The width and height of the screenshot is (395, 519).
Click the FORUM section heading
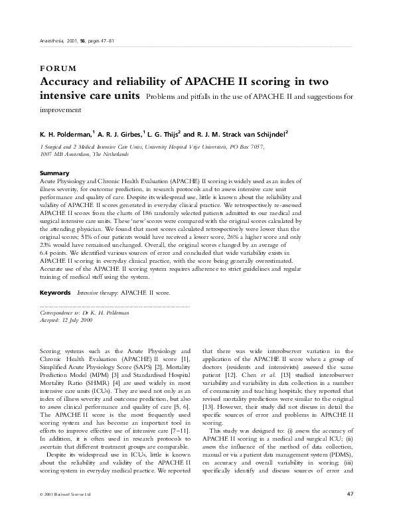click(58, 69)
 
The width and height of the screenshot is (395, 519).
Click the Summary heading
click(54, 173)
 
